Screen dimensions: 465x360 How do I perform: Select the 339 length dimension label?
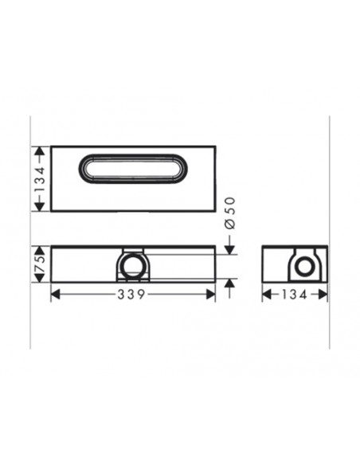coord(132,295)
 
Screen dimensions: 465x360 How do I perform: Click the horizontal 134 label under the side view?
coord(295,295)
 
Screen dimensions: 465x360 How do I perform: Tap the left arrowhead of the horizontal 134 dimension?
coord(266,295)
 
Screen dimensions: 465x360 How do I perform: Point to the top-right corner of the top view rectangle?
coord(215,146)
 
